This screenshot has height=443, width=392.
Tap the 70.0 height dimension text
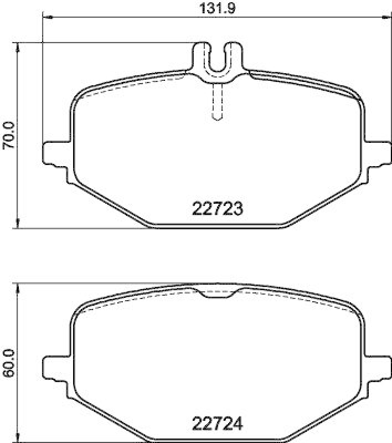(x=8, y=136)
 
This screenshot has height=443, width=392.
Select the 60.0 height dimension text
(x=8, y=363)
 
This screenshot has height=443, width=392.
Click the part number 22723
(x=218, y=209)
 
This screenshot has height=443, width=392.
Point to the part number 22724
(x=218, y=426)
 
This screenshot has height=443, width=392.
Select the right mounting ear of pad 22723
(x=379, y=152)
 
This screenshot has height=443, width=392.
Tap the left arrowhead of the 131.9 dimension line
(x=47, y=18)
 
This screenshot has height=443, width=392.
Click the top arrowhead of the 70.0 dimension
(x=19, y=47)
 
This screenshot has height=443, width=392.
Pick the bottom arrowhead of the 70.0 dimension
(x=19, y=224)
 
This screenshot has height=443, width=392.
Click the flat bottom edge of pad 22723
(x=218, y=225)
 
